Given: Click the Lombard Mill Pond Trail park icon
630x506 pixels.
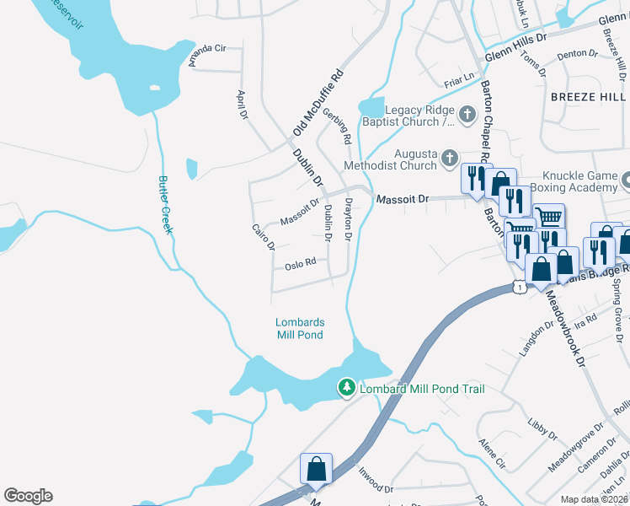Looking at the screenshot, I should (345, 388).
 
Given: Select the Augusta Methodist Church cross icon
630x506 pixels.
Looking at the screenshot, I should (451, 157).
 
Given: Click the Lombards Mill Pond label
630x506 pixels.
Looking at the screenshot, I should (300, 328).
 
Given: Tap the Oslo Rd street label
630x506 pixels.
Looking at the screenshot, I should (300, 264).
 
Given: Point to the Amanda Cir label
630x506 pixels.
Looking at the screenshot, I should (208, 55).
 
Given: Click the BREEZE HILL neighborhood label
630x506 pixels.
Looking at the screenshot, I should (588, 97).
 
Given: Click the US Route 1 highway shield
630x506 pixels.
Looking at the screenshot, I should (520, 288).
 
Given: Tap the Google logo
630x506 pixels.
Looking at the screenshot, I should (28, 496).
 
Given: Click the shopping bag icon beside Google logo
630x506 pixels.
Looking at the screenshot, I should (317, 469).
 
